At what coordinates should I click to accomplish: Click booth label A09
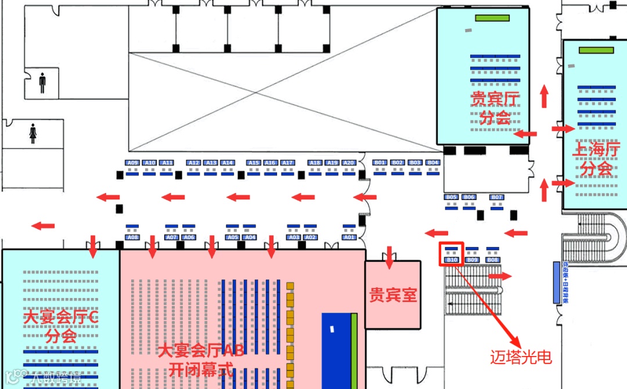(133, 163)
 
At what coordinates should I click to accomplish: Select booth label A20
(348, 163)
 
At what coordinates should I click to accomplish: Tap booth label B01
(380, 163)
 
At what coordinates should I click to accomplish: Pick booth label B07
(496, 197)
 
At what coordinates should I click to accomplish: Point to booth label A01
(349, 237)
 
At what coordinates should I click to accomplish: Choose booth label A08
(133, 237)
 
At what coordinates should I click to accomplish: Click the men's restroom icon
(42, 83)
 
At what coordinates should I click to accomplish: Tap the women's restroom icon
(33, 134)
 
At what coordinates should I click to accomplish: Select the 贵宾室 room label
(393, 295)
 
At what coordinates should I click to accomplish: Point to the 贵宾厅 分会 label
(495, 108)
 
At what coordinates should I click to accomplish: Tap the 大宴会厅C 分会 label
(61, 326)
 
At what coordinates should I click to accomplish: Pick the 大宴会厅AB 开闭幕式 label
(201, 359)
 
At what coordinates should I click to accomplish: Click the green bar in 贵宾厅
(492, 18)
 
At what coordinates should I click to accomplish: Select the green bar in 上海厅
(596, 50)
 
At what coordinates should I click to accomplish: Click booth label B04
(433, 163)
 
